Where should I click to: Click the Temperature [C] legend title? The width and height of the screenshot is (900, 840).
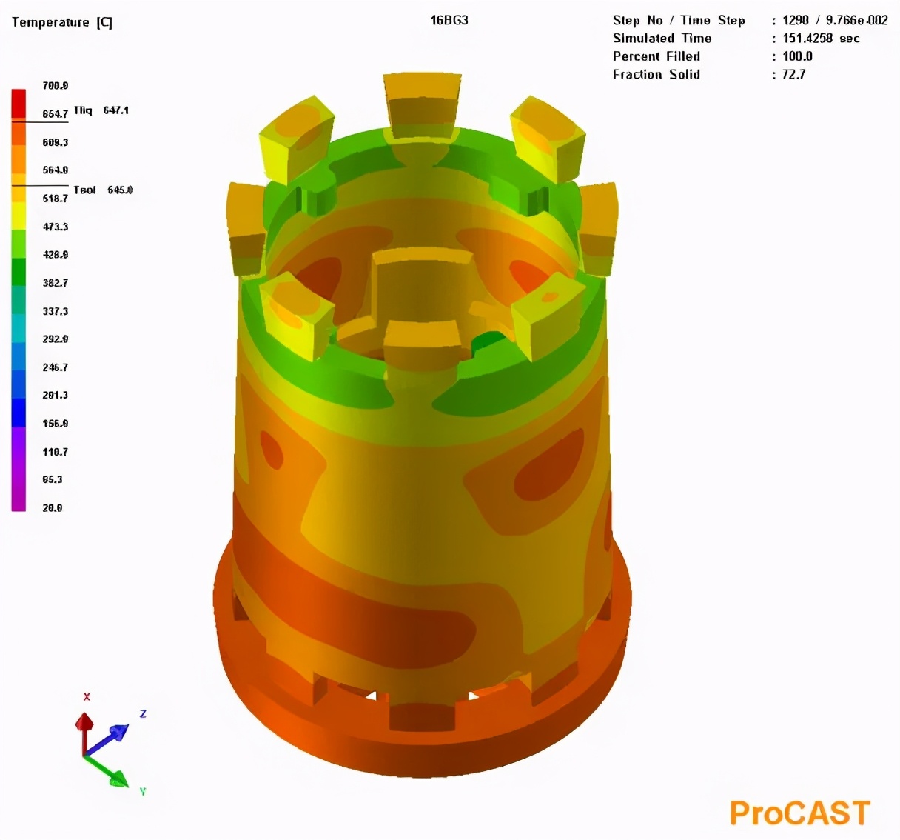(62, 22)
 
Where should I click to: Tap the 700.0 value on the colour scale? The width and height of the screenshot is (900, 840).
(55, 86)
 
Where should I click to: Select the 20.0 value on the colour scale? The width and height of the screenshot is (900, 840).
(53, 508)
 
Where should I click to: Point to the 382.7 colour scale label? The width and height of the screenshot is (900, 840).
(55, 283)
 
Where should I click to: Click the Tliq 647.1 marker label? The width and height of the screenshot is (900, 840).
(101, 110)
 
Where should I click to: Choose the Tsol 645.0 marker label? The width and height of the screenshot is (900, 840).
(103, 190)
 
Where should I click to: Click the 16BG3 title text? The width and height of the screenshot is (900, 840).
(449, 20)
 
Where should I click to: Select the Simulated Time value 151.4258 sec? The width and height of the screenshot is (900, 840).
(821, 39)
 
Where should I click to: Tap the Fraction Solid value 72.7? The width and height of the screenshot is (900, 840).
(793, 74)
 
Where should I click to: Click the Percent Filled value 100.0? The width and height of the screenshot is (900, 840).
(797, 56)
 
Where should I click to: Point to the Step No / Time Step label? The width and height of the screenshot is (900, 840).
(679, 21)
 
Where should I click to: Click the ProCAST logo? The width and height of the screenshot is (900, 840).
(799, 813)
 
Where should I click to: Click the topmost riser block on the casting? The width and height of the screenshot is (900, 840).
(423, 104)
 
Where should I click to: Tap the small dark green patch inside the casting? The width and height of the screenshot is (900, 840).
(488, 341)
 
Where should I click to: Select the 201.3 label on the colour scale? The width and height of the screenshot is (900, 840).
(55, 396)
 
